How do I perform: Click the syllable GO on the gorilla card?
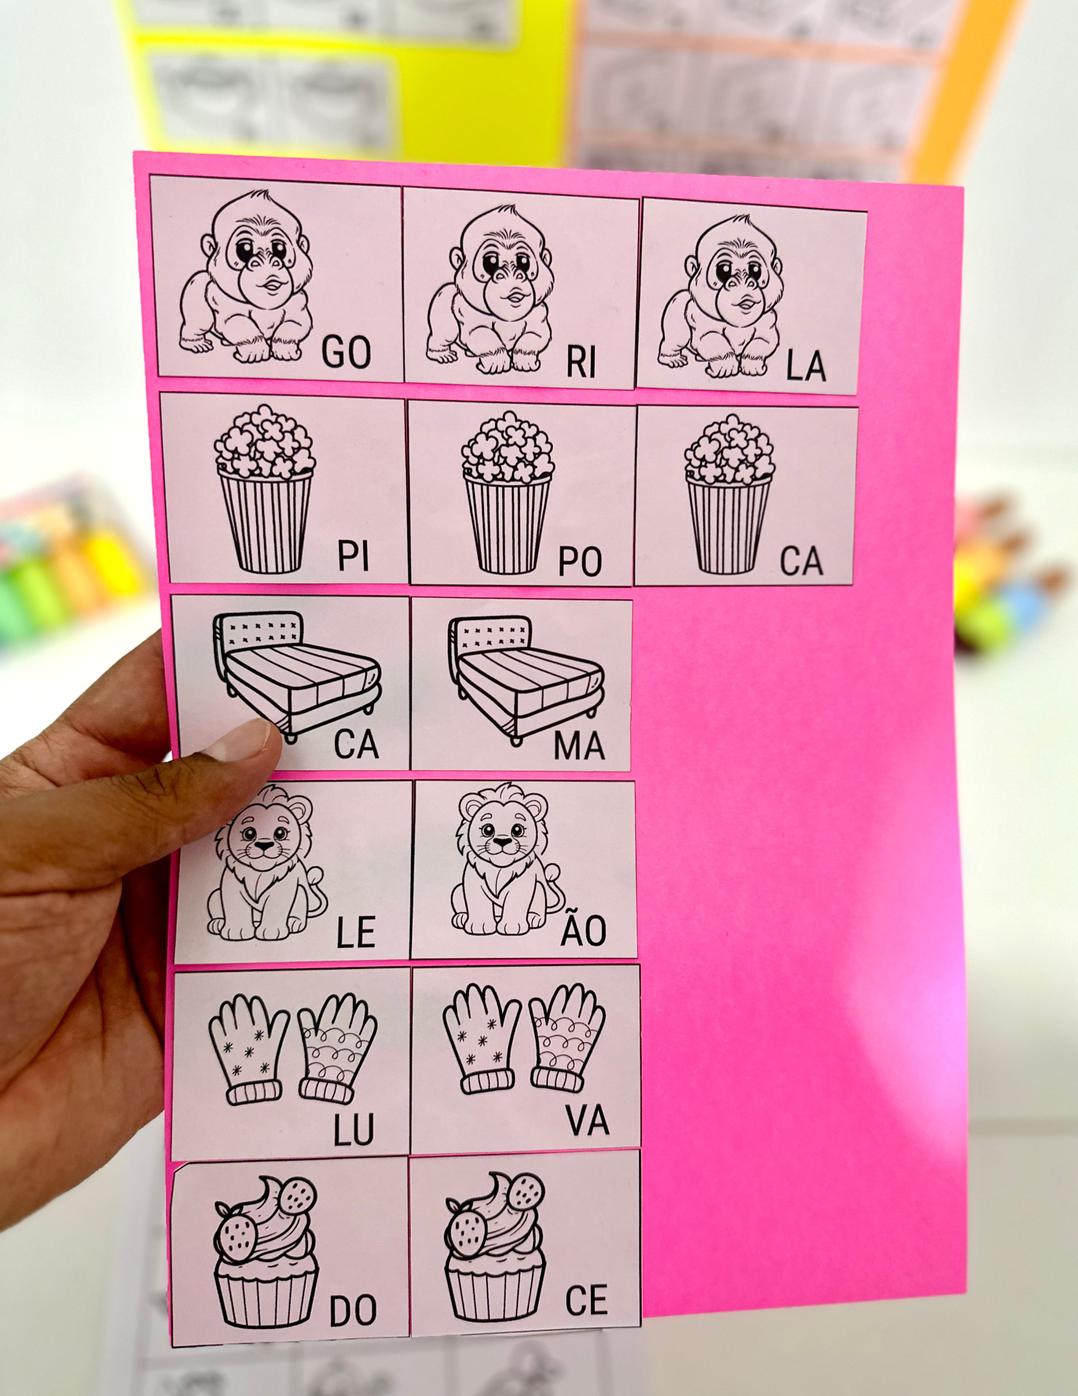[346, 352]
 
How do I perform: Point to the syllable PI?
[353, 556]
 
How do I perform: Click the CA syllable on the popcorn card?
[801, 561]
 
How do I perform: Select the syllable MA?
[579, 745]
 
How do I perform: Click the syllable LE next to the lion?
[356, 932]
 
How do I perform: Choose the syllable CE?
[586, 1299]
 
